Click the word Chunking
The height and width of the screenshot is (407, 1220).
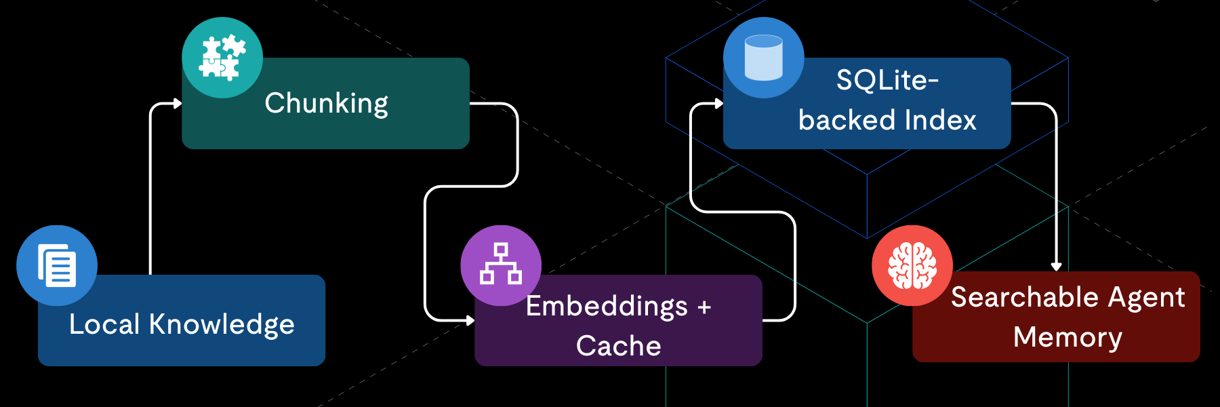pyautogui.click(x=326, y=104)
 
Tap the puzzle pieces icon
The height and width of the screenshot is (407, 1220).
pyautogui.click(x=222, y=58)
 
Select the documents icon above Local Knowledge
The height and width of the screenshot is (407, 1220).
pyautogui.click(x=57, y=265)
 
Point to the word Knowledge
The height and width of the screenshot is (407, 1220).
pyautogui.click(x=222, y=325)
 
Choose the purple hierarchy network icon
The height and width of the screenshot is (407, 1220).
pyautogui.click(x=501, y=265)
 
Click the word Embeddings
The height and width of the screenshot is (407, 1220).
pyautogui.click(x=607, y=307)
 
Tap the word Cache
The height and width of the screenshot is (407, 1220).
pyautogui.click(x=618, y=346)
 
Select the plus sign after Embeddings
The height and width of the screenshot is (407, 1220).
pyautogui.click(x=704, y=307)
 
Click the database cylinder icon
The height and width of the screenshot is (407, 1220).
pyautogui.click(x=764, y=58)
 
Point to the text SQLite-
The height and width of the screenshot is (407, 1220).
pyautogui.click(x=887, y=81)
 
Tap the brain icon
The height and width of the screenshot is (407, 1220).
pyautogui.click(x=912, y=265)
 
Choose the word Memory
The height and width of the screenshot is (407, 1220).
pyautogui.click(x=1067, y=337)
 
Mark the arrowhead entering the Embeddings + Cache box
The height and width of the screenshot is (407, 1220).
pyautogui.click(x=470, y=320)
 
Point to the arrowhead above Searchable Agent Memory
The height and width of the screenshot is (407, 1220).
pyautogui.click(x=1056, y=267)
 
